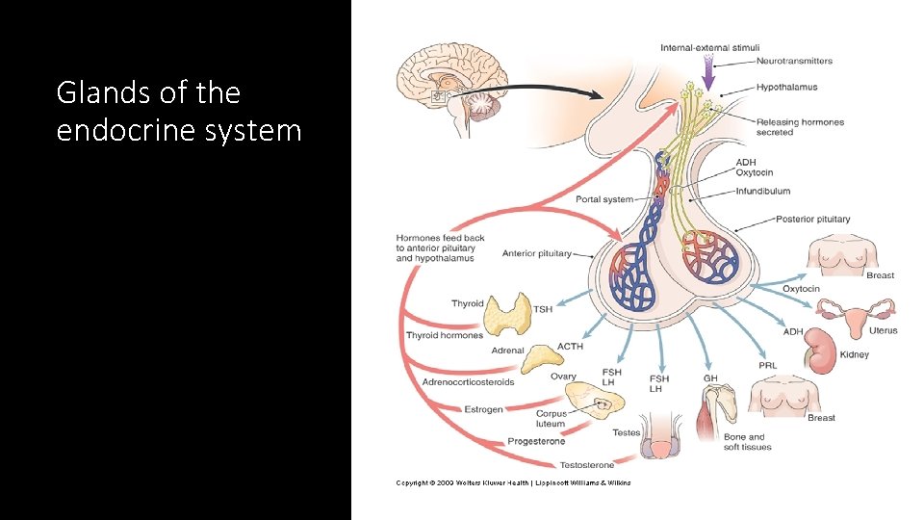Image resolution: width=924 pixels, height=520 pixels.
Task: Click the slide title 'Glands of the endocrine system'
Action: tap(179, 111)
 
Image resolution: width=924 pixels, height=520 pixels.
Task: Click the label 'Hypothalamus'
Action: tap(786, 87)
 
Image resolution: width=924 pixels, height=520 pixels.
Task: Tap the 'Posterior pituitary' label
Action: tap(812, 219)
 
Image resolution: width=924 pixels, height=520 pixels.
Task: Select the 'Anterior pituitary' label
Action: tap(536, 253)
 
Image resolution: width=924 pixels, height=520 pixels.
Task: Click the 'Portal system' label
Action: tap(604, 199)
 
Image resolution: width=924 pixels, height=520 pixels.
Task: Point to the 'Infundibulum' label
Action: tap(763, 192)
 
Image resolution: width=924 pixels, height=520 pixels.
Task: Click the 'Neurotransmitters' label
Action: tap(794, 61)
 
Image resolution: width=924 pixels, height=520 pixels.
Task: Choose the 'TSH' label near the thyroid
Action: tap(543, 309)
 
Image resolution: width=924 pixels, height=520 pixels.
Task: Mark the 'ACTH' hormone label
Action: tap(570, 347)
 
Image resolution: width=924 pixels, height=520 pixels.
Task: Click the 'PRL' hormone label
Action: tap(767, 366)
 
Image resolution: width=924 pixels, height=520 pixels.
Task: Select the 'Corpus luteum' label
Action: tap(551, 419)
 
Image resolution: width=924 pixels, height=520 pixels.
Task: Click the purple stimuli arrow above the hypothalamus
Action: tap(708, 71)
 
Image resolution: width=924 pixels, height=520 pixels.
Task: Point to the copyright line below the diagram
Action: tap(513, 482)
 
